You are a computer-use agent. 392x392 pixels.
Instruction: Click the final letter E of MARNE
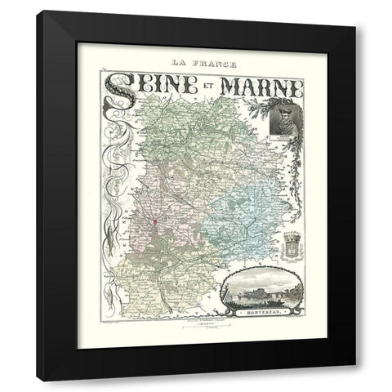[x=296, y=87]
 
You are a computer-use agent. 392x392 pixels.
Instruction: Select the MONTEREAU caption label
[x=263, y=312]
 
